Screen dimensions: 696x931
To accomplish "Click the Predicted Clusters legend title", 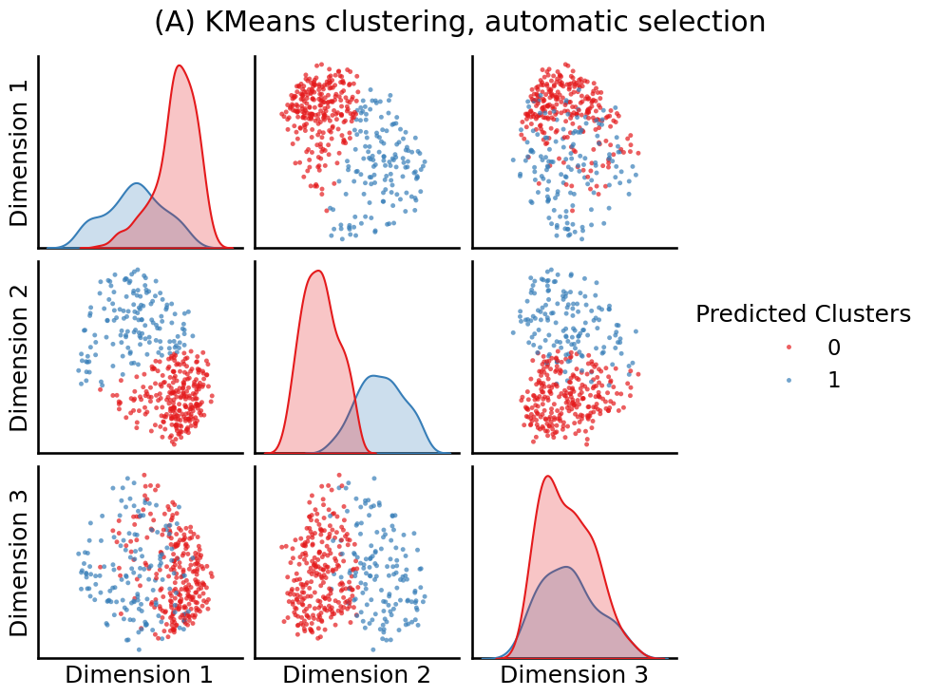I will pyautogui.click(x=803, y=314).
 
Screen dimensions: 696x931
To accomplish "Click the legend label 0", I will pyautogui.click(x=834, y=348).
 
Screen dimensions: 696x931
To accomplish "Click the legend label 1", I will pyautogui.click(x=834, y=380).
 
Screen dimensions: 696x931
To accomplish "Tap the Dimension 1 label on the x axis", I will pyautogui.click(x=139, y=675).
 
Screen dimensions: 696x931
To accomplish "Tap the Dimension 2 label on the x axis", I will pyautogui.click(x=356, y=675).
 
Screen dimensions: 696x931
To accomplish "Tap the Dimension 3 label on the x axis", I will pyautogui.click(x=574, y=675).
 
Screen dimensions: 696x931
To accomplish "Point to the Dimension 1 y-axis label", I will pyautogui.click(x=19, y=152).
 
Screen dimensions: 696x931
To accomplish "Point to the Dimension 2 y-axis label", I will pyautogui.click(x=19, y=357).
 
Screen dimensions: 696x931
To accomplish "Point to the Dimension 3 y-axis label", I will pyautogui.click(x=19, y=562).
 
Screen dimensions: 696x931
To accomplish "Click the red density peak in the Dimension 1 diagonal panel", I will pyautogui.click(x=180, y=66).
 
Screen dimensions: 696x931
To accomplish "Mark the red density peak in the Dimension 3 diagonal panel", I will pyautogui.click(x=547, y=477).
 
